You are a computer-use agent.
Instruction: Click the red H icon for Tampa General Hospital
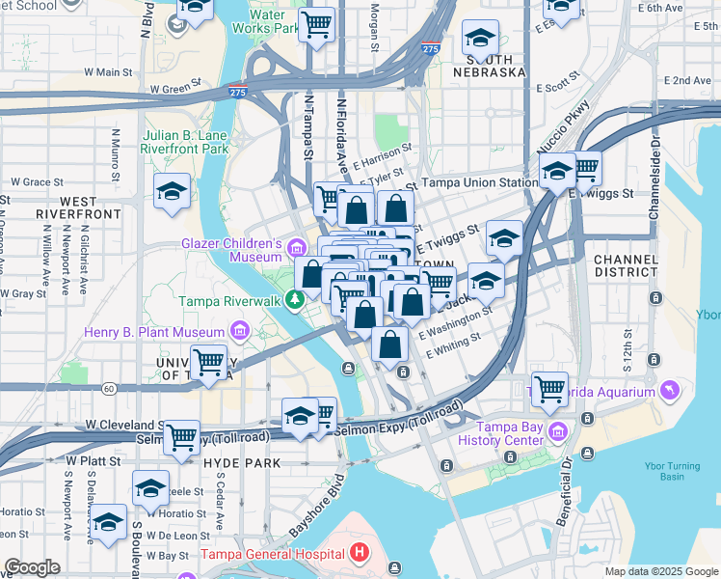(x=360, y=554)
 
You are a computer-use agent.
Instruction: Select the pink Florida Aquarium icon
(x=670, y=389)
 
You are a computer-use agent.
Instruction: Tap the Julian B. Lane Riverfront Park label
(x=185, y=143)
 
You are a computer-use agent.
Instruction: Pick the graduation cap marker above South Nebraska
(x=480, y=40)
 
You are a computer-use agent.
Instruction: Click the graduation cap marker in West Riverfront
(x=172, y=192)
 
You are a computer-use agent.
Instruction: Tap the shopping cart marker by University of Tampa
(x=208, y=363)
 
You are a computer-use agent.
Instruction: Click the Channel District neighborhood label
(x=626, y=267)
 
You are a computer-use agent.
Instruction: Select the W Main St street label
(x=107, y=71)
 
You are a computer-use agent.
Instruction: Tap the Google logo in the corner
(x=32, y=567)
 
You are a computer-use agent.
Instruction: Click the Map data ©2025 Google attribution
(x=661, y=571)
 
